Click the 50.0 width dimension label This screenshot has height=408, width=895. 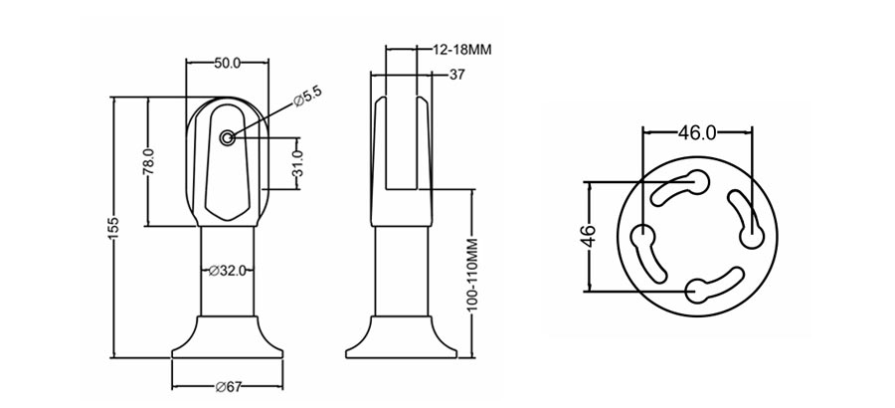pyautogui.click(x=228, y=63)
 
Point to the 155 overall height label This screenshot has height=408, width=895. pyautogui.click(x=112, y=228)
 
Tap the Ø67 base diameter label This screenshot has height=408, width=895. pyautogui.click(x=228, y=387)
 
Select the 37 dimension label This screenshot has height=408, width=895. pyautogui.click(x=457, y=74)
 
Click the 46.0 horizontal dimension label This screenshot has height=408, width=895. pyautogui.click(x=697, y=131)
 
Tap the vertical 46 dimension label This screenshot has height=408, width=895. pyautogui.click(x=588, y=236)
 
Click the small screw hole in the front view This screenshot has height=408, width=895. pyautogui.click(x=229, y=138)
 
